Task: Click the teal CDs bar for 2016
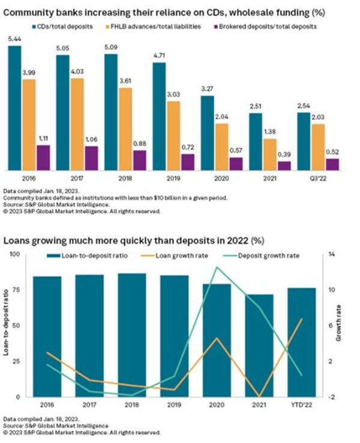[x=14, y=108]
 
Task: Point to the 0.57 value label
[x=236, y=150]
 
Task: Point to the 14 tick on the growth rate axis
[x=332, y=255]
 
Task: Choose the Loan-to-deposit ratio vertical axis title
[x=6, y=326]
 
